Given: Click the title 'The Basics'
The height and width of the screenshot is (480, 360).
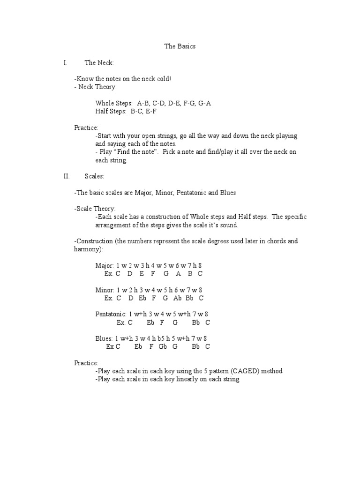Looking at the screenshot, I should coord(180,46).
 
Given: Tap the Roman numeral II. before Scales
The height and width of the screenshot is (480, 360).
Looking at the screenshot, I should coord(66,176).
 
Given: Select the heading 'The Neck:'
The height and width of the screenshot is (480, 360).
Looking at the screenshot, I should coord(99,62).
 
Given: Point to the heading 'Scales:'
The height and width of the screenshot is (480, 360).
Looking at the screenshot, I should coord(94,176).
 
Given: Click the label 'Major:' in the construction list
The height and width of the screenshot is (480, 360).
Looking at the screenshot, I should coord(105,265).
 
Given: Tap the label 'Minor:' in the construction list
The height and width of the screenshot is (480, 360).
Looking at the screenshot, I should coord(105,290).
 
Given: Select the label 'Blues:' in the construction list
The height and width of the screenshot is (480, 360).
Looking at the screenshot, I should coord(104,338).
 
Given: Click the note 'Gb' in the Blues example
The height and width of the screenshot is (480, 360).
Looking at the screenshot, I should coord(163,347).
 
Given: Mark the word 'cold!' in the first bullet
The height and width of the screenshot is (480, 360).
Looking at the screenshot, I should coord(163,79).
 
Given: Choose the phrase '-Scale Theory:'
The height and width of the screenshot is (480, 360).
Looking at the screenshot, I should coord(95,209).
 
